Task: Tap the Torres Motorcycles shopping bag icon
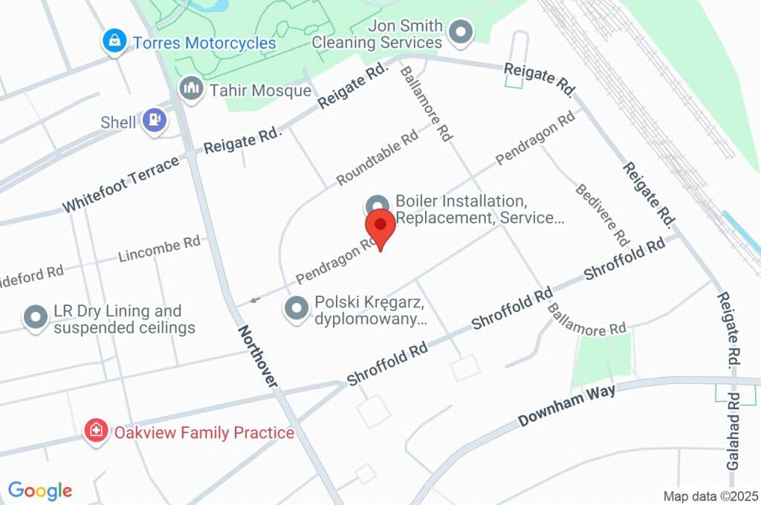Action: tap(114, 41)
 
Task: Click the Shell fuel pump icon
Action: tap(155, 120)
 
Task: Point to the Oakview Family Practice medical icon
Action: tap(96, 431)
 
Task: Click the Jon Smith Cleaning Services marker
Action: tap(462, 33)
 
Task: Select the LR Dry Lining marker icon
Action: tap(36, 318)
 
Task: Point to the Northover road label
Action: tap(258, 356)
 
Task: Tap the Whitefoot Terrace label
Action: tap(120, 183)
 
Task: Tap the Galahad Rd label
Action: tap(733, 440)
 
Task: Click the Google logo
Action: tap(40, 490)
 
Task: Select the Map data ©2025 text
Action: tap(710, 495)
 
